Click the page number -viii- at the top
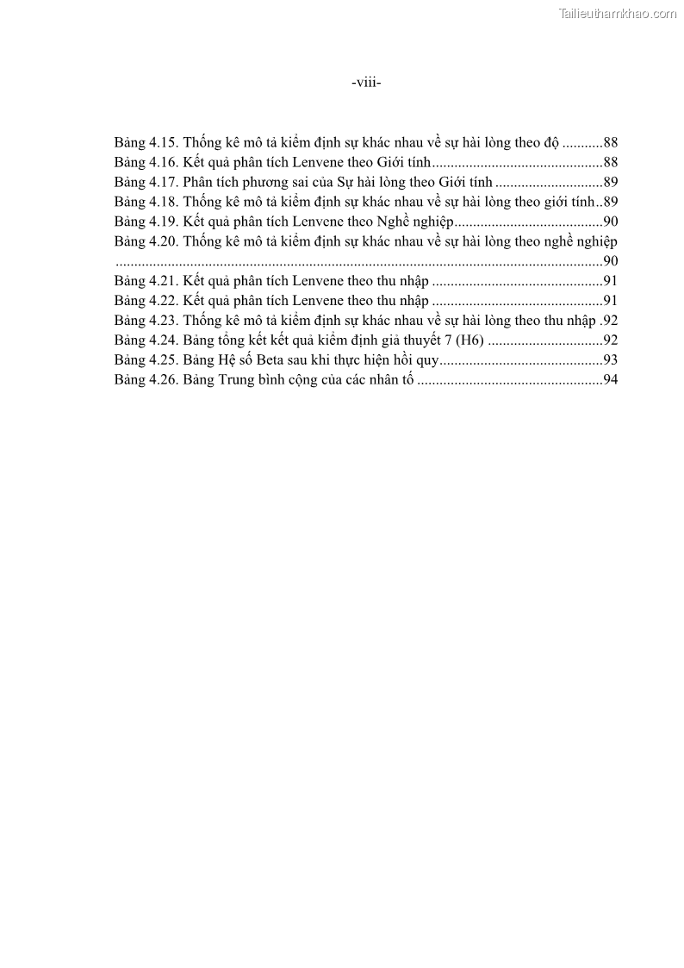[366, 83]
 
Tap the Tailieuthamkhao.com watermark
[618, 13]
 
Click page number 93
[610, 360]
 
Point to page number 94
[610, 380]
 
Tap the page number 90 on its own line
[610, 261]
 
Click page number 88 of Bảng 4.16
[610, 162]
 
